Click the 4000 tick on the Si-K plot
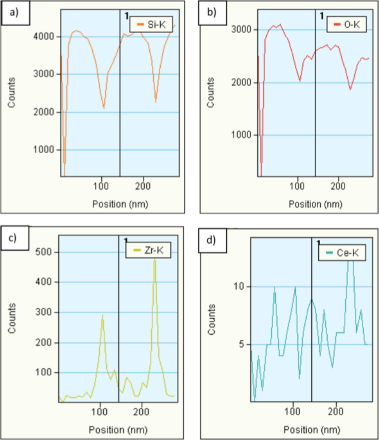pos(49,37)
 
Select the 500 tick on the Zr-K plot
pos(49,253)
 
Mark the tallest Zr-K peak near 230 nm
pos(155,261)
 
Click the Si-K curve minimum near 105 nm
pos(103,108)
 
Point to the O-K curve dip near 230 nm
pos(350,89)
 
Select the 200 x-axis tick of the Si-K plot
pos(143,187)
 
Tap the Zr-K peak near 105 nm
pos(103,315)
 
